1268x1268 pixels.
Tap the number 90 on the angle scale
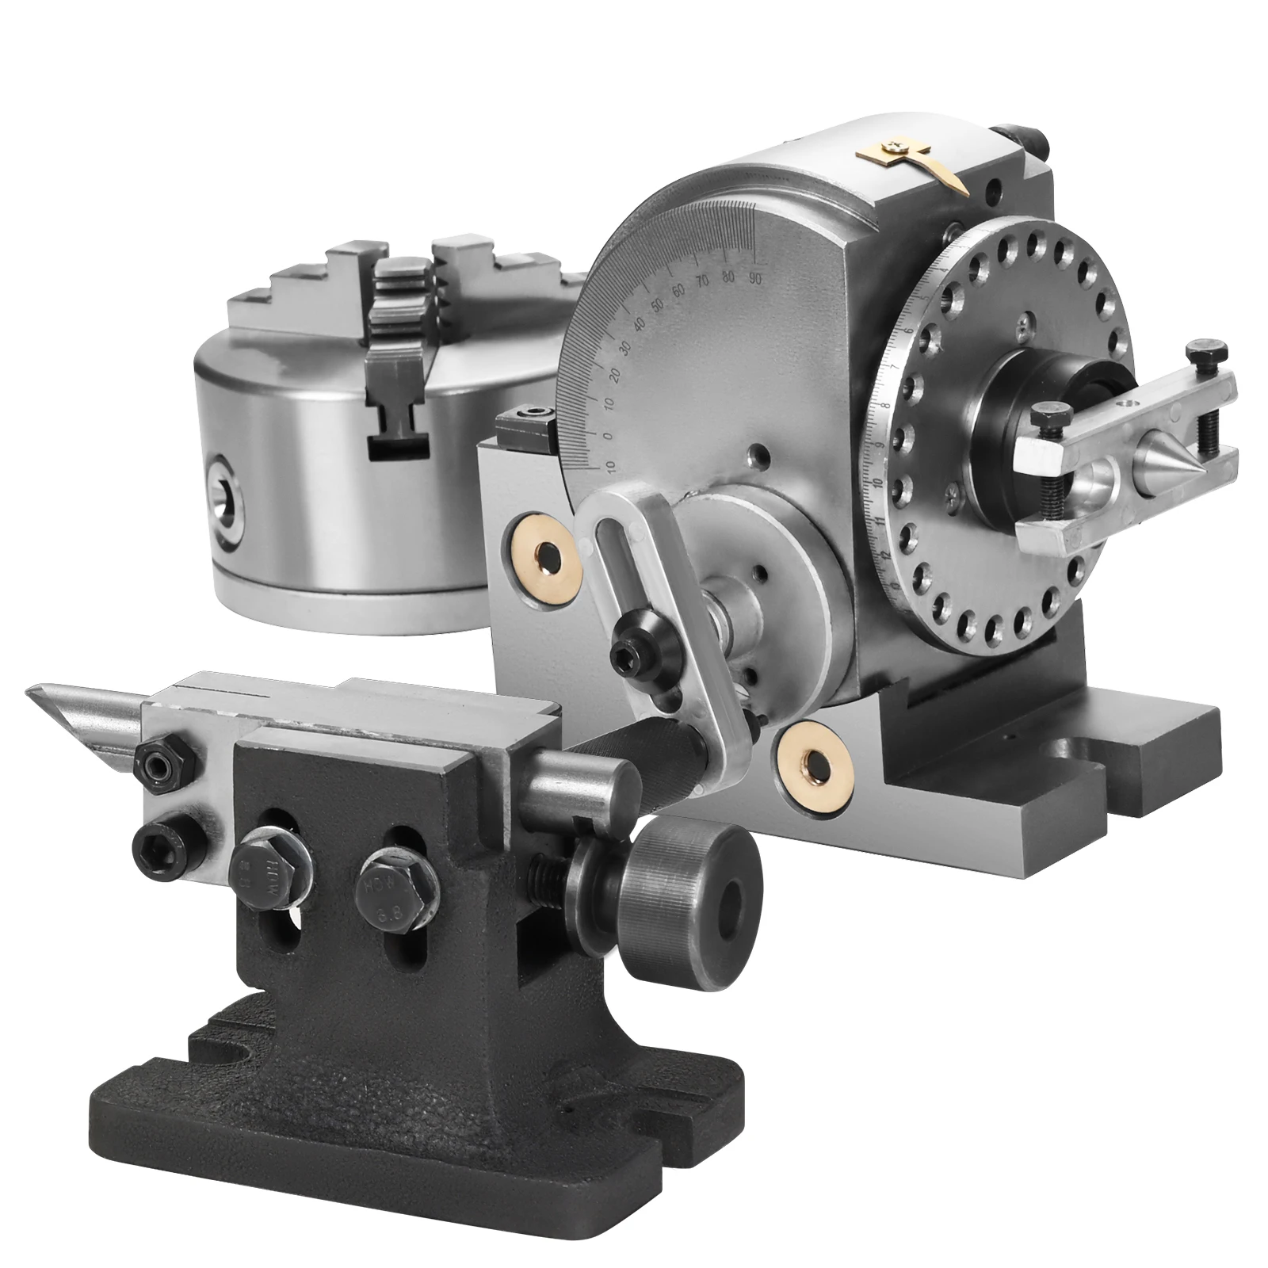[x=754, y=277]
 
